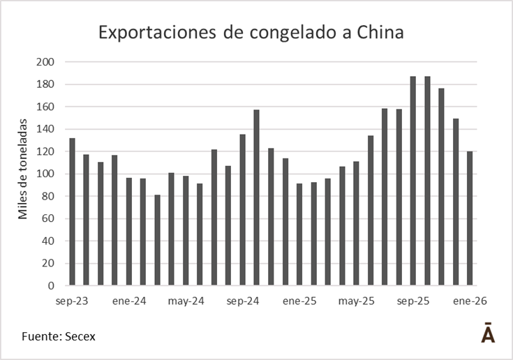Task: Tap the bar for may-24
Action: click(186, 230)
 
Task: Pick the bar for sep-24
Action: click(242, 209)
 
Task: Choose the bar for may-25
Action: click(356, 223)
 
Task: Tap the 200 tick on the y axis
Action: click(45, 62)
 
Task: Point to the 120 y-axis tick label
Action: click(45, 151)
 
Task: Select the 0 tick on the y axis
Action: click(51, 285)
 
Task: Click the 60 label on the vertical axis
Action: click(48, 218)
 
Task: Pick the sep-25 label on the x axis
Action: click(413, 301)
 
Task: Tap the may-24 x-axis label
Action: click(186, 301)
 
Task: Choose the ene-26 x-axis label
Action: click(470, 301)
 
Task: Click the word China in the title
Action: click(378, 32)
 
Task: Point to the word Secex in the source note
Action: click(80, 336)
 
